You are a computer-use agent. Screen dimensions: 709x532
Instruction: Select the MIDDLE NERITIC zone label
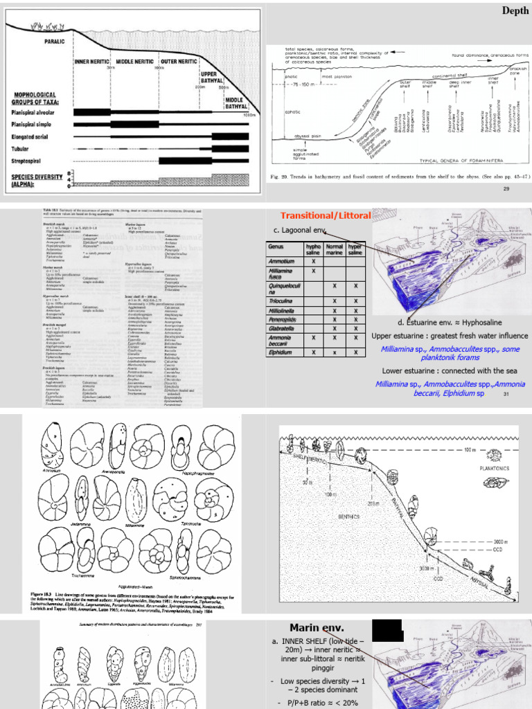[135, 62]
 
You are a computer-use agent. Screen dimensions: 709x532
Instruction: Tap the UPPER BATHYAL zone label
[209, 77]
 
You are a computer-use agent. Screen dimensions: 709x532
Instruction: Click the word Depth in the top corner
[515, 10]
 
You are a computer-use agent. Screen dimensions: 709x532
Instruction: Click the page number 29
[506, 188]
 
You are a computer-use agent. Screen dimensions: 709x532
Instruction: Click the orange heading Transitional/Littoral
[326, 215]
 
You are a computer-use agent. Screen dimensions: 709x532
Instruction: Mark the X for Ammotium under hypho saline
[314, 261]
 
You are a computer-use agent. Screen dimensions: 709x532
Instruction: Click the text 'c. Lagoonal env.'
[300, 230]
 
